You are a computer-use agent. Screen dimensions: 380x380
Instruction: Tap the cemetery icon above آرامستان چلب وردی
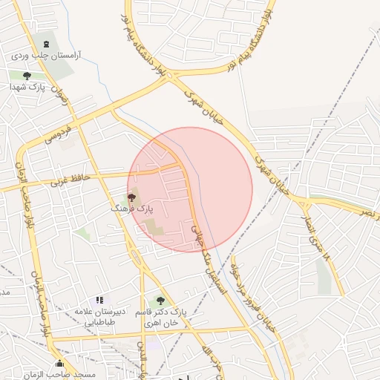(x=47, y=45)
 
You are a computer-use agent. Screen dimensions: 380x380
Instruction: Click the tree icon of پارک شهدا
(x=27, y=76)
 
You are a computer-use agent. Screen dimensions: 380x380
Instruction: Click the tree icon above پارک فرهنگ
(x=131, y=197)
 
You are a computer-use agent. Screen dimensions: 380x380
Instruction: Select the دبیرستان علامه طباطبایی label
(x=99, y=317)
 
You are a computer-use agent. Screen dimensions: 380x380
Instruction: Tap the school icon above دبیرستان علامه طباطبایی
(x=99, y=301)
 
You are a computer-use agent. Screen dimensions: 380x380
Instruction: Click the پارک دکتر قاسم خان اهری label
(x=160, y=318)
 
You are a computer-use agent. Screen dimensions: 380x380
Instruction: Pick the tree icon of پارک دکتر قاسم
(x=160, y=301)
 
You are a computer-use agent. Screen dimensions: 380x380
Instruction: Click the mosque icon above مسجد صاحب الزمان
(x=59, y=364)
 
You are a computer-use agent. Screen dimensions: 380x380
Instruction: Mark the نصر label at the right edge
(x=369, y=212)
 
